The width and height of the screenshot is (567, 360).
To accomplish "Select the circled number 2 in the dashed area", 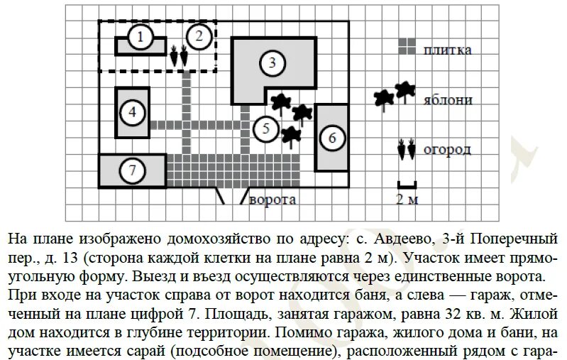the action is (x=199, y=35).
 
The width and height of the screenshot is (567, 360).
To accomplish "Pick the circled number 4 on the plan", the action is (x=132, y=111).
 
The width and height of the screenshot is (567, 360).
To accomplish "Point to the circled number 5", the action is (x=265, y=129).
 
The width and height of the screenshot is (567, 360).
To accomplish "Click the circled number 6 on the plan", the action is (x=332, y=138).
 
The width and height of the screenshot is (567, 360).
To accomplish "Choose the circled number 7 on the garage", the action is (x=132, y=170).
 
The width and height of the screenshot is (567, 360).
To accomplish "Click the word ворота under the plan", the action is (x=272, y=200).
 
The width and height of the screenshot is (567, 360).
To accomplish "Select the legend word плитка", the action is (x=448, y=50).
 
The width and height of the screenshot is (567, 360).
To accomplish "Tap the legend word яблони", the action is (x=448, y=100).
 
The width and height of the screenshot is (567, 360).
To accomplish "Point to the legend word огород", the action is (x=448, y=150).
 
